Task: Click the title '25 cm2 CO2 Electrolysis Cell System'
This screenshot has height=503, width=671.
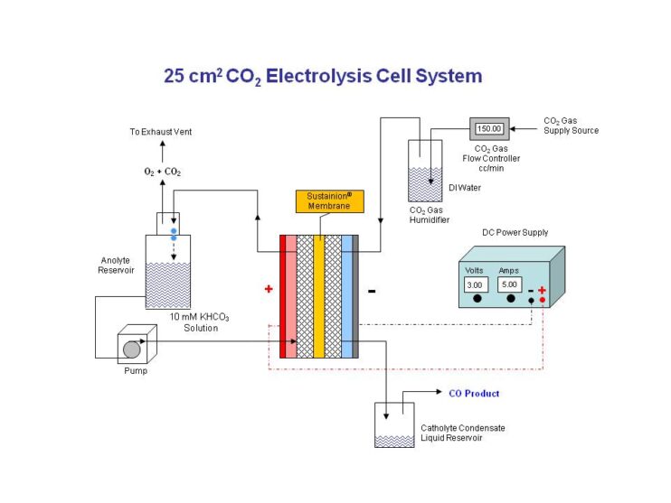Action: pyautogui.click(x=322, y=76)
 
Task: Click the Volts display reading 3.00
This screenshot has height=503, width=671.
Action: pyautogui.click(x=476, y=285)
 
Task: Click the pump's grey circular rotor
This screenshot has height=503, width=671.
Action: pyautogui.click(x=132, y=349)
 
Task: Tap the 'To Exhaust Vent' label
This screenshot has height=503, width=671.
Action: pyautogui.click(x=160, y=132)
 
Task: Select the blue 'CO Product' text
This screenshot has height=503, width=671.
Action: pyautogui.click(x=474, y=394)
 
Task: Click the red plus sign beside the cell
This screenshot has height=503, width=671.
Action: pyautogui.click(x=269, y=290)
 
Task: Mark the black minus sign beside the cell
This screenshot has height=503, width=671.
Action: pyautogui.click(x=372, y=292)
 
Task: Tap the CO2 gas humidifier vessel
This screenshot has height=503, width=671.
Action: pyautogui.click(x=425, y=171)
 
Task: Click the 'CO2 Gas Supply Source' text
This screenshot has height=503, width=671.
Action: pyautogui.click(x=571, y=126)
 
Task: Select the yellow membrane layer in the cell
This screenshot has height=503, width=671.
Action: pyautogui.click(x=318, y=296)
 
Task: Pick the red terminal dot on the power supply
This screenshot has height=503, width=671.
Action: pyautogui.click(x=542, y=300)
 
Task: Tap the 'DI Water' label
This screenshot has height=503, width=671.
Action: pyautogui.click(x=467, y=188)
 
